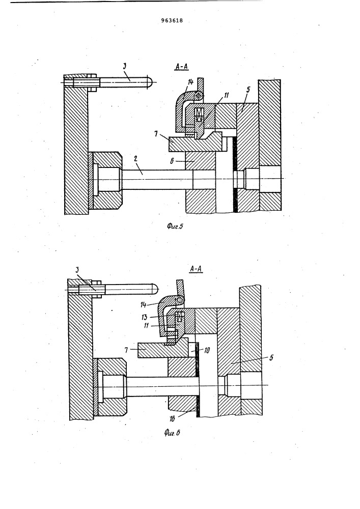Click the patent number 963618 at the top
[x=172, y=20]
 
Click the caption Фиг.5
[x=175, y=227]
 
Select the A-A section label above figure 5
[x=182, y=67]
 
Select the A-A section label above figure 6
[x=196, y=269]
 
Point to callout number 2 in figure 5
[x=135, y=158]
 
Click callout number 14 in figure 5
[x=190, y=82]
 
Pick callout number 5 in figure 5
[x=248, y=90]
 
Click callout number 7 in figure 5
[x=156, y=134]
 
